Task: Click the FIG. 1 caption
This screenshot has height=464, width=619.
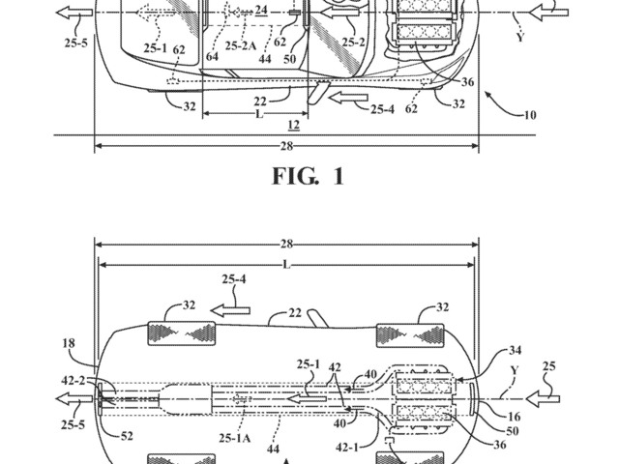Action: point(308,176)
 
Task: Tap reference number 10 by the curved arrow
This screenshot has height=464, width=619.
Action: point(530,115)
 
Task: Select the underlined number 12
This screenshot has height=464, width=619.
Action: point(294,125)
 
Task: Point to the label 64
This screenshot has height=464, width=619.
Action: point(212,56)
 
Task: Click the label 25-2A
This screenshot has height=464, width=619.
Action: point(241,45)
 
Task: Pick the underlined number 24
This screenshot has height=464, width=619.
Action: point(261,10)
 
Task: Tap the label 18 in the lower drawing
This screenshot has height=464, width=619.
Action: point(69,343)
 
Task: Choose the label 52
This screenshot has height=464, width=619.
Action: point(127,436)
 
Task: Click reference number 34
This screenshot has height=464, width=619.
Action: point(516,350)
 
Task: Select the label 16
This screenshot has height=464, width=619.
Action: point(514,417)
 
